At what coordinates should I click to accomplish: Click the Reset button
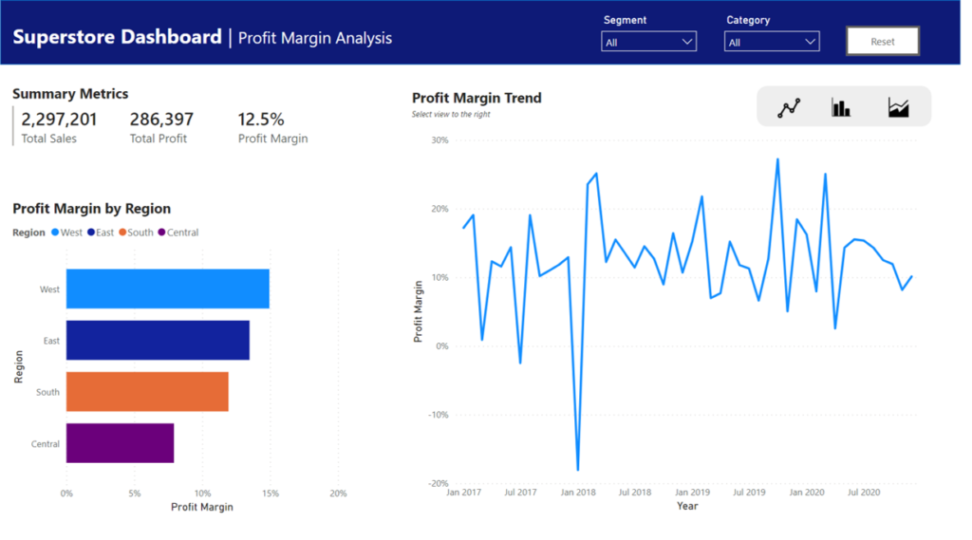click(x=883, y=42)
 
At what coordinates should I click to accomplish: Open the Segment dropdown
click(x=648, y=42)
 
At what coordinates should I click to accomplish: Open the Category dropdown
click(x=771, y=42)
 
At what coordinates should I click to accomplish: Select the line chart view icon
click(x=789, y=107)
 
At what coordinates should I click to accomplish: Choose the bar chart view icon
click(x=841, y=107)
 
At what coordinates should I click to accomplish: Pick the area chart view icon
click(x=898, y=107)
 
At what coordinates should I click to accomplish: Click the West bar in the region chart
click(x=167, y=289)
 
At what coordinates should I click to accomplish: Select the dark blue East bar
click(x=158, y=340)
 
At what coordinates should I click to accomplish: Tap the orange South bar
click(x=147, y=391)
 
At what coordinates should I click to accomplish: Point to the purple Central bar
click(x=120, y=443)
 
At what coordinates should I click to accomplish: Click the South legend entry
click(x=136, y=233)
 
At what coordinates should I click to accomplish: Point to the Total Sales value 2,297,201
click(x=59, y=120)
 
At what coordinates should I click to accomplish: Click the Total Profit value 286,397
click(x=161, y=120)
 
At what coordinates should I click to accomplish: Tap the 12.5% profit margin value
click(x=261, y=120)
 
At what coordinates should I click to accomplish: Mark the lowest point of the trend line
click(x=577, y=470)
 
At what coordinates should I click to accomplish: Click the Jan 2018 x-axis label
click(x=577, y=493)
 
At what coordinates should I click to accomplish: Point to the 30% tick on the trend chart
click(x=439, y=140)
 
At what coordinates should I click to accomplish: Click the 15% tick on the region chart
click(x=271, y=493)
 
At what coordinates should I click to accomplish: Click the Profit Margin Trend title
click(x=477, y=98)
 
